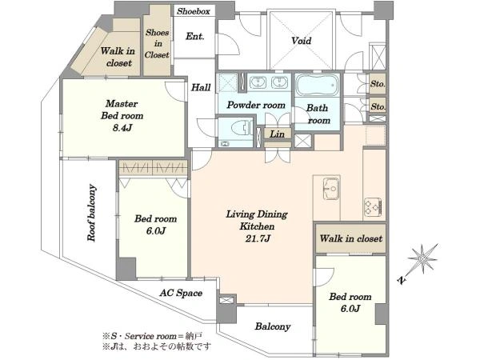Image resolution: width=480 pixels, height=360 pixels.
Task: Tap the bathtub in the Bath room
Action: click(x=318, y=85)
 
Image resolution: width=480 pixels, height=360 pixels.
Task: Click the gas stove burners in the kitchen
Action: click(x=373, y=206)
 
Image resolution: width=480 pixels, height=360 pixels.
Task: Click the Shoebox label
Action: click(x=194, y=11)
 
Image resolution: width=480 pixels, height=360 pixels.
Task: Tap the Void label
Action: click(x=302, y=41)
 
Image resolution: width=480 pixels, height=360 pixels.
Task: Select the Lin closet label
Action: click(x=277, y=134)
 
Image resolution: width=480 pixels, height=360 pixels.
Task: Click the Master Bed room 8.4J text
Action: click(x=122, y=115)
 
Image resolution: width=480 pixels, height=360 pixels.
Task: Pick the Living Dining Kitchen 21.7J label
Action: click(x=257, y=226)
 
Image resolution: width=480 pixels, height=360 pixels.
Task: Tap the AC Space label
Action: click(x=181, y=293)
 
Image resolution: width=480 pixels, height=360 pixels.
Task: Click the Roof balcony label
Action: click(x=91, y=213)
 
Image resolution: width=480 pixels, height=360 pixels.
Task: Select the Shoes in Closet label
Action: click(x=157, y=43)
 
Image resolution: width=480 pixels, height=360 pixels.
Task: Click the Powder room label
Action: click(x=256, y=105)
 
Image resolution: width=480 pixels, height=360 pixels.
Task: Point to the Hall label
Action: click(x=201, y=87)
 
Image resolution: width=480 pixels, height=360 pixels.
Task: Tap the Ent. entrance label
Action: click(x=194, y=37)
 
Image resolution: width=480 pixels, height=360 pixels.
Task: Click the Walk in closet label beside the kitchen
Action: click(x=351, y=238)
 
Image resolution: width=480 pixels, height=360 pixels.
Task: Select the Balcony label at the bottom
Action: click(x=273, y=326)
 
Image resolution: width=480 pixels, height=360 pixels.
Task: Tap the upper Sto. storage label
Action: click(x=378, y=83)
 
